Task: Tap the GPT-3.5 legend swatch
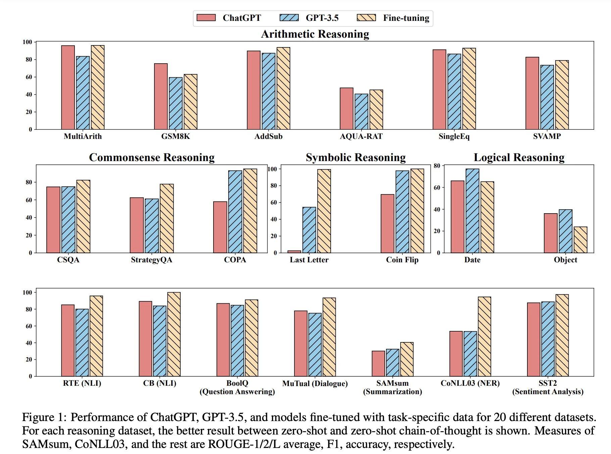pos(289,17)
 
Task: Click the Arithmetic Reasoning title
pos(315,34)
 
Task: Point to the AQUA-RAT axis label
pos(361,136)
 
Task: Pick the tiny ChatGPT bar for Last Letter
pos(294,251)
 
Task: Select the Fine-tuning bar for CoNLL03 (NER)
pos(484,336)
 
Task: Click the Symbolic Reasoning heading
pos(356,157)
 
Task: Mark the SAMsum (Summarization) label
pos(392,387)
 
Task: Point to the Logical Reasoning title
pos(519,157)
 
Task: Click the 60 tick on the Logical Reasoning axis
pos(436,188)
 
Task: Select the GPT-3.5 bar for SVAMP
pos(547,97)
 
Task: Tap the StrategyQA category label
pos(151,260)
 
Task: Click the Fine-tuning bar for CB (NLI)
pos(174,334)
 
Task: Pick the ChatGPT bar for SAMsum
pos(378,364)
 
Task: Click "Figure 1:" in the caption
pos(44,417)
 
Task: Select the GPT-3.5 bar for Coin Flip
pos(402,212)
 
